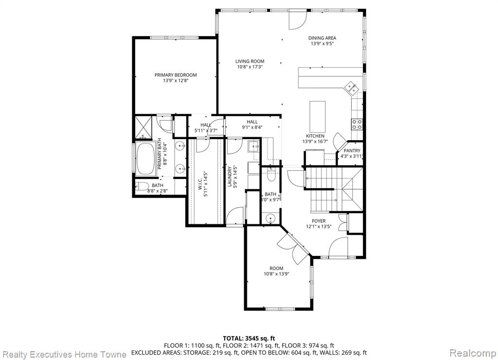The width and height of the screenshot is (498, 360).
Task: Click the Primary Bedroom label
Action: pyautogui.click(x=176, y=75)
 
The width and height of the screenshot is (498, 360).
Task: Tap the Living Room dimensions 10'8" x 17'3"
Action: pyautogui.click(x=250, y=67)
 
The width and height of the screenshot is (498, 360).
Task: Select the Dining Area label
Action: pyautogui.click(x=322, y=38)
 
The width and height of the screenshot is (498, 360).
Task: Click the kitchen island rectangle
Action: pyautogui.click(x=318, y=114)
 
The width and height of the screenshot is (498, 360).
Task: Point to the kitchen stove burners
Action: pyautogui.click(x=356, y=124)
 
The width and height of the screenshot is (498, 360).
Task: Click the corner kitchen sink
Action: pyautogui.click(x=351, y=88)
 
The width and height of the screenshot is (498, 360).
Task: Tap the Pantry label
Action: pyautogui.click(x=352, y=151)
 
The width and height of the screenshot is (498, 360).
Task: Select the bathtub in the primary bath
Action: pyautogui.click(x=146, y=159)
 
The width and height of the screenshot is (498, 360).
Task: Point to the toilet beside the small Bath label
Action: pyautogui.click(x=142, y=186)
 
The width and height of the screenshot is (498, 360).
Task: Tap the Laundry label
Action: pyautogui.click(x=230, y=176)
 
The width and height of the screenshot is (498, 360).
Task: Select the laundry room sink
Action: pyautogui.click(x=253, y=146)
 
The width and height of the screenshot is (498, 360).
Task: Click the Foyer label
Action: pyautogui.click(x=319, y=221)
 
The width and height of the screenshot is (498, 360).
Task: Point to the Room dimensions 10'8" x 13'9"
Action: pyautogui.click(x=276, y=274)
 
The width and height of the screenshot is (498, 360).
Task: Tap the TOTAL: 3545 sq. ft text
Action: pyautogui.click(x=249, y=338)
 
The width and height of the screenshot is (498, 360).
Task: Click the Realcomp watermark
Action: pyautogui.click(x=473, y=353)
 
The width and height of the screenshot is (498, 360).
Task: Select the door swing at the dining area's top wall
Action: pyautogui.click(x=298, y=19)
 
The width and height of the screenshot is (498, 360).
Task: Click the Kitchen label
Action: pyautogui.click(x=315, y=136)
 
